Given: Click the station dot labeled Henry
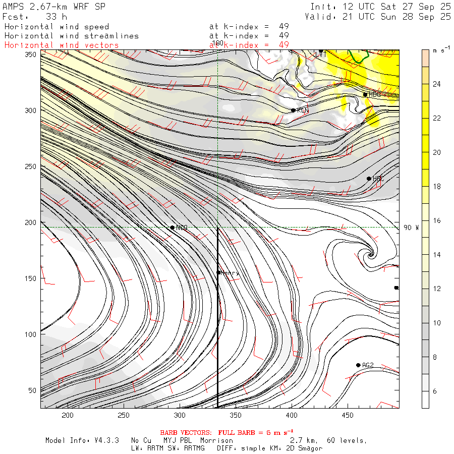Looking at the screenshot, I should [x=219, y=272].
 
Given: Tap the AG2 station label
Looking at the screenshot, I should [x=368, y=365].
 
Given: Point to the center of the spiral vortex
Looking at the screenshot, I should [x=371, y=254].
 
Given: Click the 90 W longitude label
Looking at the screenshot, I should [x=411, y=228].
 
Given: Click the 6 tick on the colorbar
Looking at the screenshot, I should [x=435, y=391].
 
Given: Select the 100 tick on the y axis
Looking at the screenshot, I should [x=33, y=334].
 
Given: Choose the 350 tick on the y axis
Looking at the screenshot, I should [x=33, y=54].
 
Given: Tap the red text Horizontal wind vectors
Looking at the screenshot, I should [x=62, y=45].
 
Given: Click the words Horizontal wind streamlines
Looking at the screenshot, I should [x=71, y=36].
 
